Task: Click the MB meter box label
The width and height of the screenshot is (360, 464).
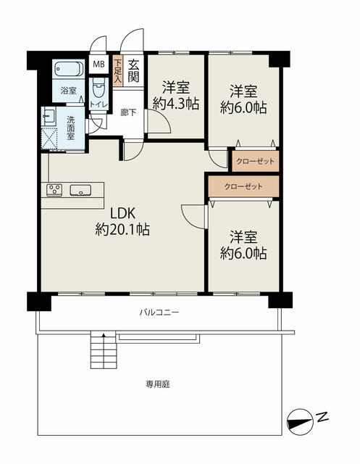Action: point(99,64)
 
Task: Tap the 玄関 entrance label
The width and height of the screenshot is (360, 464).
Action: point(133,71)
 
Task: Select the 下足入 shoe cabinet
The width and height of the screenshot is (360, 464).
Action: point(117,71)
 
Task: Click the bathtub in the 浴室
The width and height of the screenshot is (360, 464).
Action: point(69,70)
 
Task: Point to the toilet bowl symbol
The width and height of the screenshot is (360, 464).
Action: point(99,88)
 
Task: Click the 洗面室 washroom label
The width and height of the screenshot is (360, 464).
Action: point(71,128)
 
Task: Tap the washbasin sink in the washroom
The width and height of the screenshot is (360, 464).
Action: point(49,116)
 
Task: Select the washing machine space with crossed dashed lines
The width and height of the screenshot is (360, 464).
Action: point(49,139)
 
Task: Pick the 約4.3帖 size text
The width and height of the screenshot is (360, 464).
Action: point(176,104)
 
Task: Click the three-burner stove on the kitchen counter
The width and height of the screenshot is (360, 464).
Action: point(54,190)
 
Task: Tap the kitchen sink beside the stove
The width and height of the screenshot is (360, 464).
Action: point(80,190)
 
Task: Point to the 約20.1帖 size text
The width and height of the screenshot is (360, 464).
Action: point(122,229)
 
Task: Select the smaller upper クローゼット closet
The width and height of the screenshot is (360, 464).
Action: point(256,161)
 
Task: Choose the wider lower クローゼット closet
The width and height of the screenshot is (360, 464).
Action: point(243,186)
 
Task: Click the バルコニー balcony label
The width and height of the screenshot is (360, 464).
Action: point(159,312)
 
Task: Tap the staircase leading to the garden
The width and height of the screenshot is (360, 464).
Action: point(103,350)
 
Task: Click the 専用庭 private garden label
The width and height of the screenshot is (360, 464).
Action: point(158,384)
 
